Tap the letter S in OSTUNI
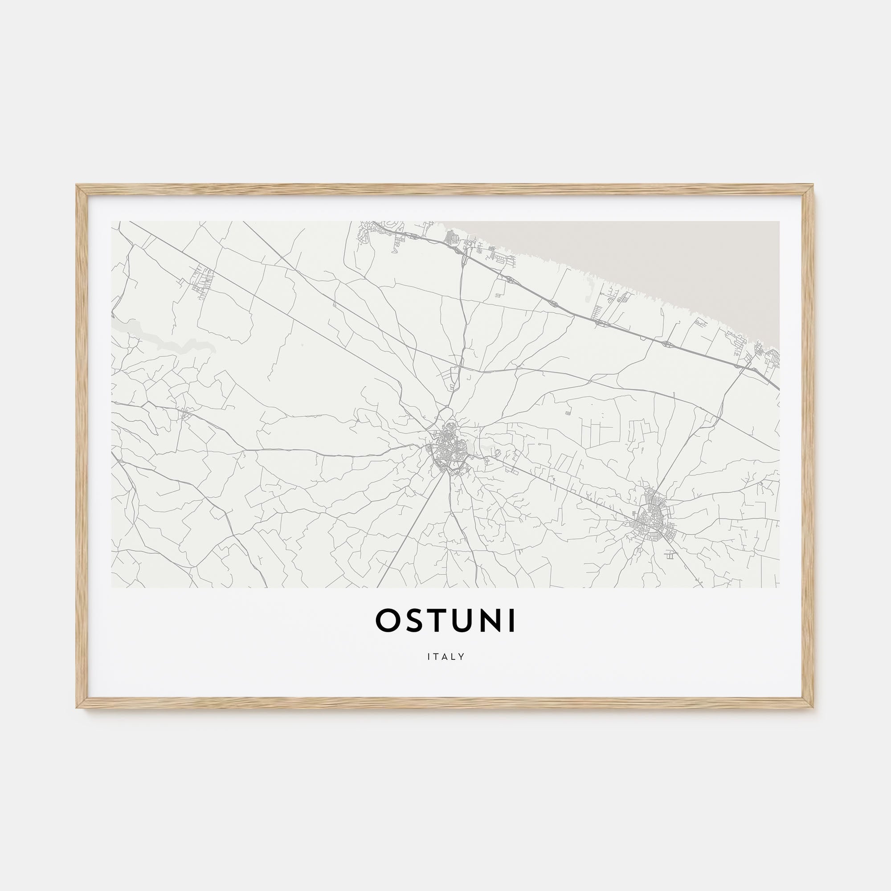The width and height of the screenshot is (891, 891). coord(415,621)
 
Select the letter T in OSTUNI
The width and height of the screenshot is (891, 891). coord(438,621)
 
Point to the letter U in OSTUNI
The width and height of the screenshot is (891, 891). coord(463,621)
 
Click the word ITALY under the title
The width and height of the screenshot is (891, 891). coord(445,657)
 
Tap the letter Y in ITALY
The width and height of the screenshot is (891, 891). coord(462,657)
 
